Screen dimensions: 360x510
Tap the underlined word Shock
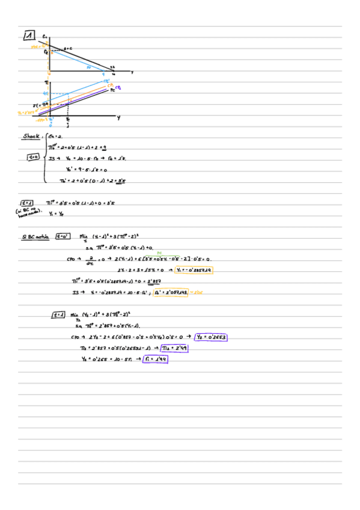pyautogui.click(x=31, y=137)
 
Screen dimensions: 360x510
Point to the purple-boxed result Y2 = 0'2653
pyautogui.click(x=210, y=337)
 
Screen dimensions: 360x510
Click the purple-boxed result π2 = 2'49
pyautogui.click(x=174, y=348)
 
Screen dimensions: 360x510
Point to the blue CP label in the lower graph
pyautogui.click(x=106, y=81)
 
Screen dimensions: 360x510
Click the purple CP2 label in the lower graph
pyautogui.click(x=118, y=87)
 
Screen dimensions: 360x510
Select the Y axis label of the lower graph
pyautogui.click(x=118, y=118)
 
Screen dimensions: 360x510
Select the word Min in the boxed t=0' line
pyautogui.click(x=84, y=236)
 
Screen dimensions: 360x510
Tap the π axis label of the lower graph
pyautogui.click(x=46, y=81)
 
